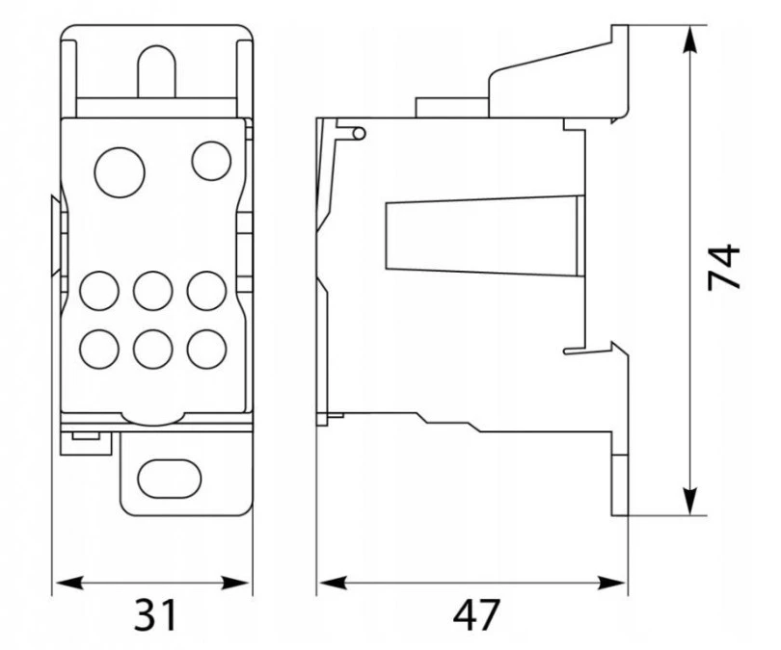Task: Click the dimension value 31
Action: [x=155, y=614]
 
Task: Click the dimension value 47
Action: [x=475, y=614]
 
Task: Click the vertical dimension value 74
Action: [x=724, y=266]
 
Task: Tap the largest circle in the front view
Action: [x=120, y=172]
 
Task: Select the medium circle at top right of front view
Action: [x=212, y=161]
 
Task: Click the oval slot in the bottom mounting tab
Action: [x=170, y=479]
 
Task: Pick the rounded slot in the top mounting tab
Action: [x=157, y=70]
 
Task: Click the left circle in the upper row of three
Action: [x=99, y=291]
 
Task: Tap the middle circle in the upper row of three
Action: [x=153, y=291]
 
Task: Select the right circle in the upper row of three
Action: [x=207, y=291]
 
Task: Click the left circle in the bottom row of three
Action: [x=99, y=350]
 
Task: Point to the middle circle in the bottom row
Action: [x=153, y=350]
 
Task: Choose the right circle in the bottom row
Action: [x=207, y=350]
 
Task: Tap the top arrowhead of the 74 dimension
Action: [x=689, y=39]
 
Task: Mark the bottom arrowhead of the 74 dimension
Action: [x=689, y=502]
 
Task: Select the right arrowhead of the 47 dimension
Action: [x=612, y=583]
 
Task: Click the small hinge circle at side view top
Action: [x=359, y=133]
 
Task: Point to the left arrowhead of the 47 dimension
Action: [x=333, y=583]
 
